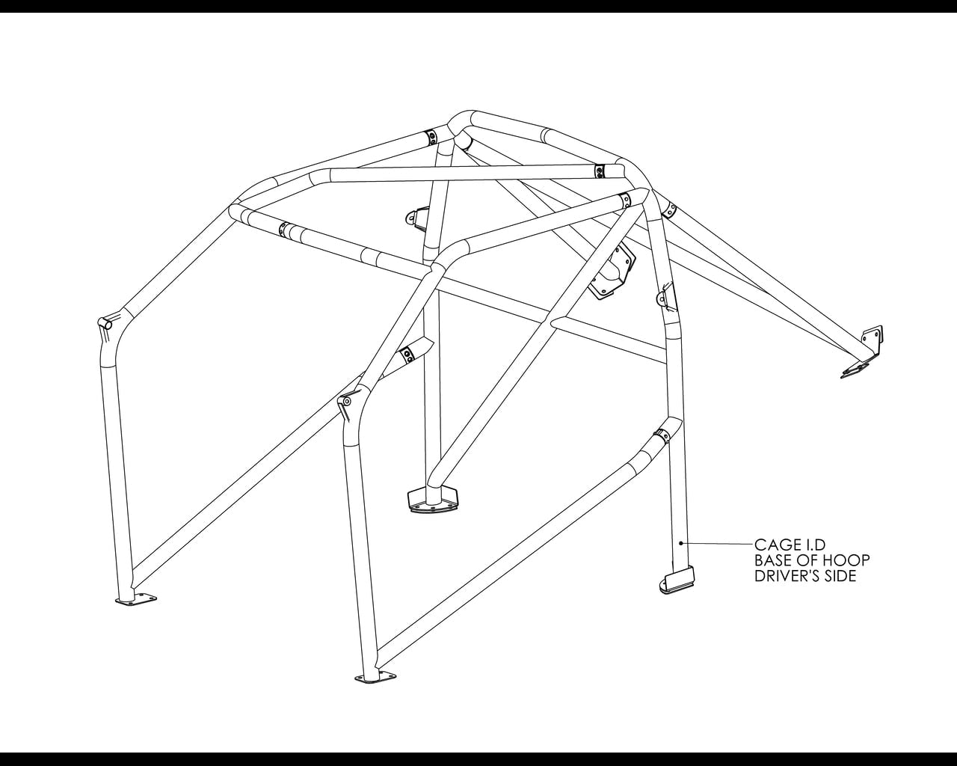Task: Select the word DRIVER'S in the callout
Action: tap(787, 576)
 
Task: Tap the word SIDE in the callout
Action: tap(840, 576)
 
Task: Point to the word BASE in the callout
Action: tap(773, 560)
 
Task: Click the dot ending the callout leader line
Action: tap(681, 543)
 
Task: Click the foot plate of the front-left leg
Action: tap(136, 599)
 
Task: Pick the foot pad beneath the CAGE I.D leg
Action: tap(677, 580)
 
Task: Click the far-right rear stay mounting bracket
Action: tap(863, 352)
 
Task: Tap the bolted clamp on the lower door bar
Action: tap(662, 435)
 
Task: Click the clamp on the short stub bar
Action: tap(407, 355)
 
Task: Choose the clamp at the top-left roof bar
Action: tap(431, 138)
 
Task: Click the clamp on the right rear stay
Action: tap(669, 209)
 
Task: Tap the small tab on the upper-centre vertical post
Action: tap(416, 219)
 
